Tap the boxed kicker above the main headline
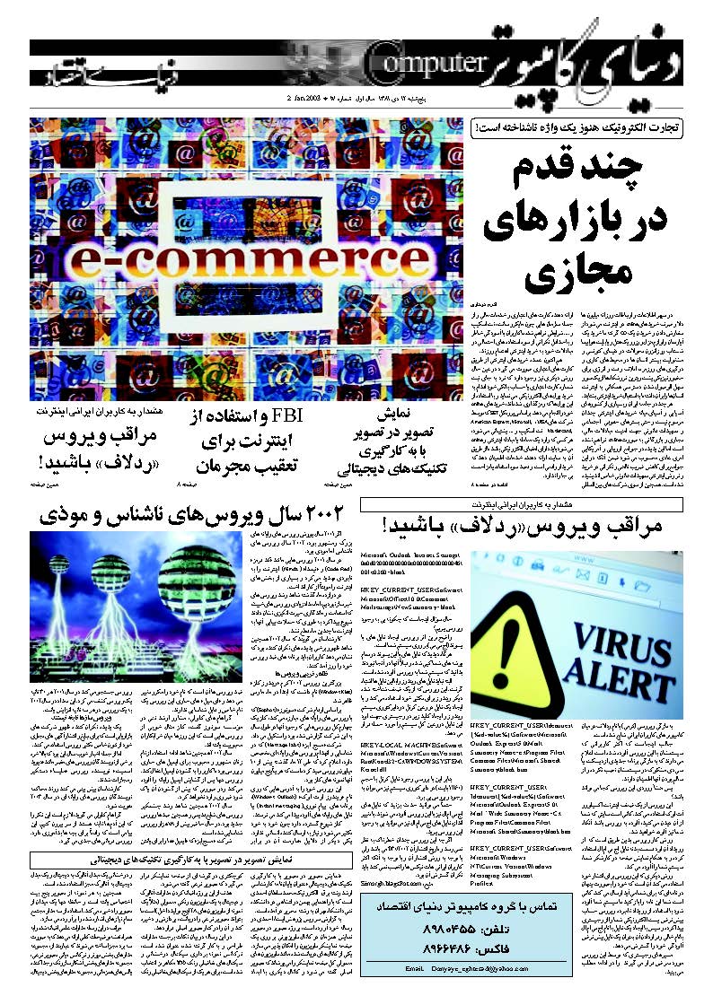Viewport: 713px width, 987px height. (575, 127)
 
